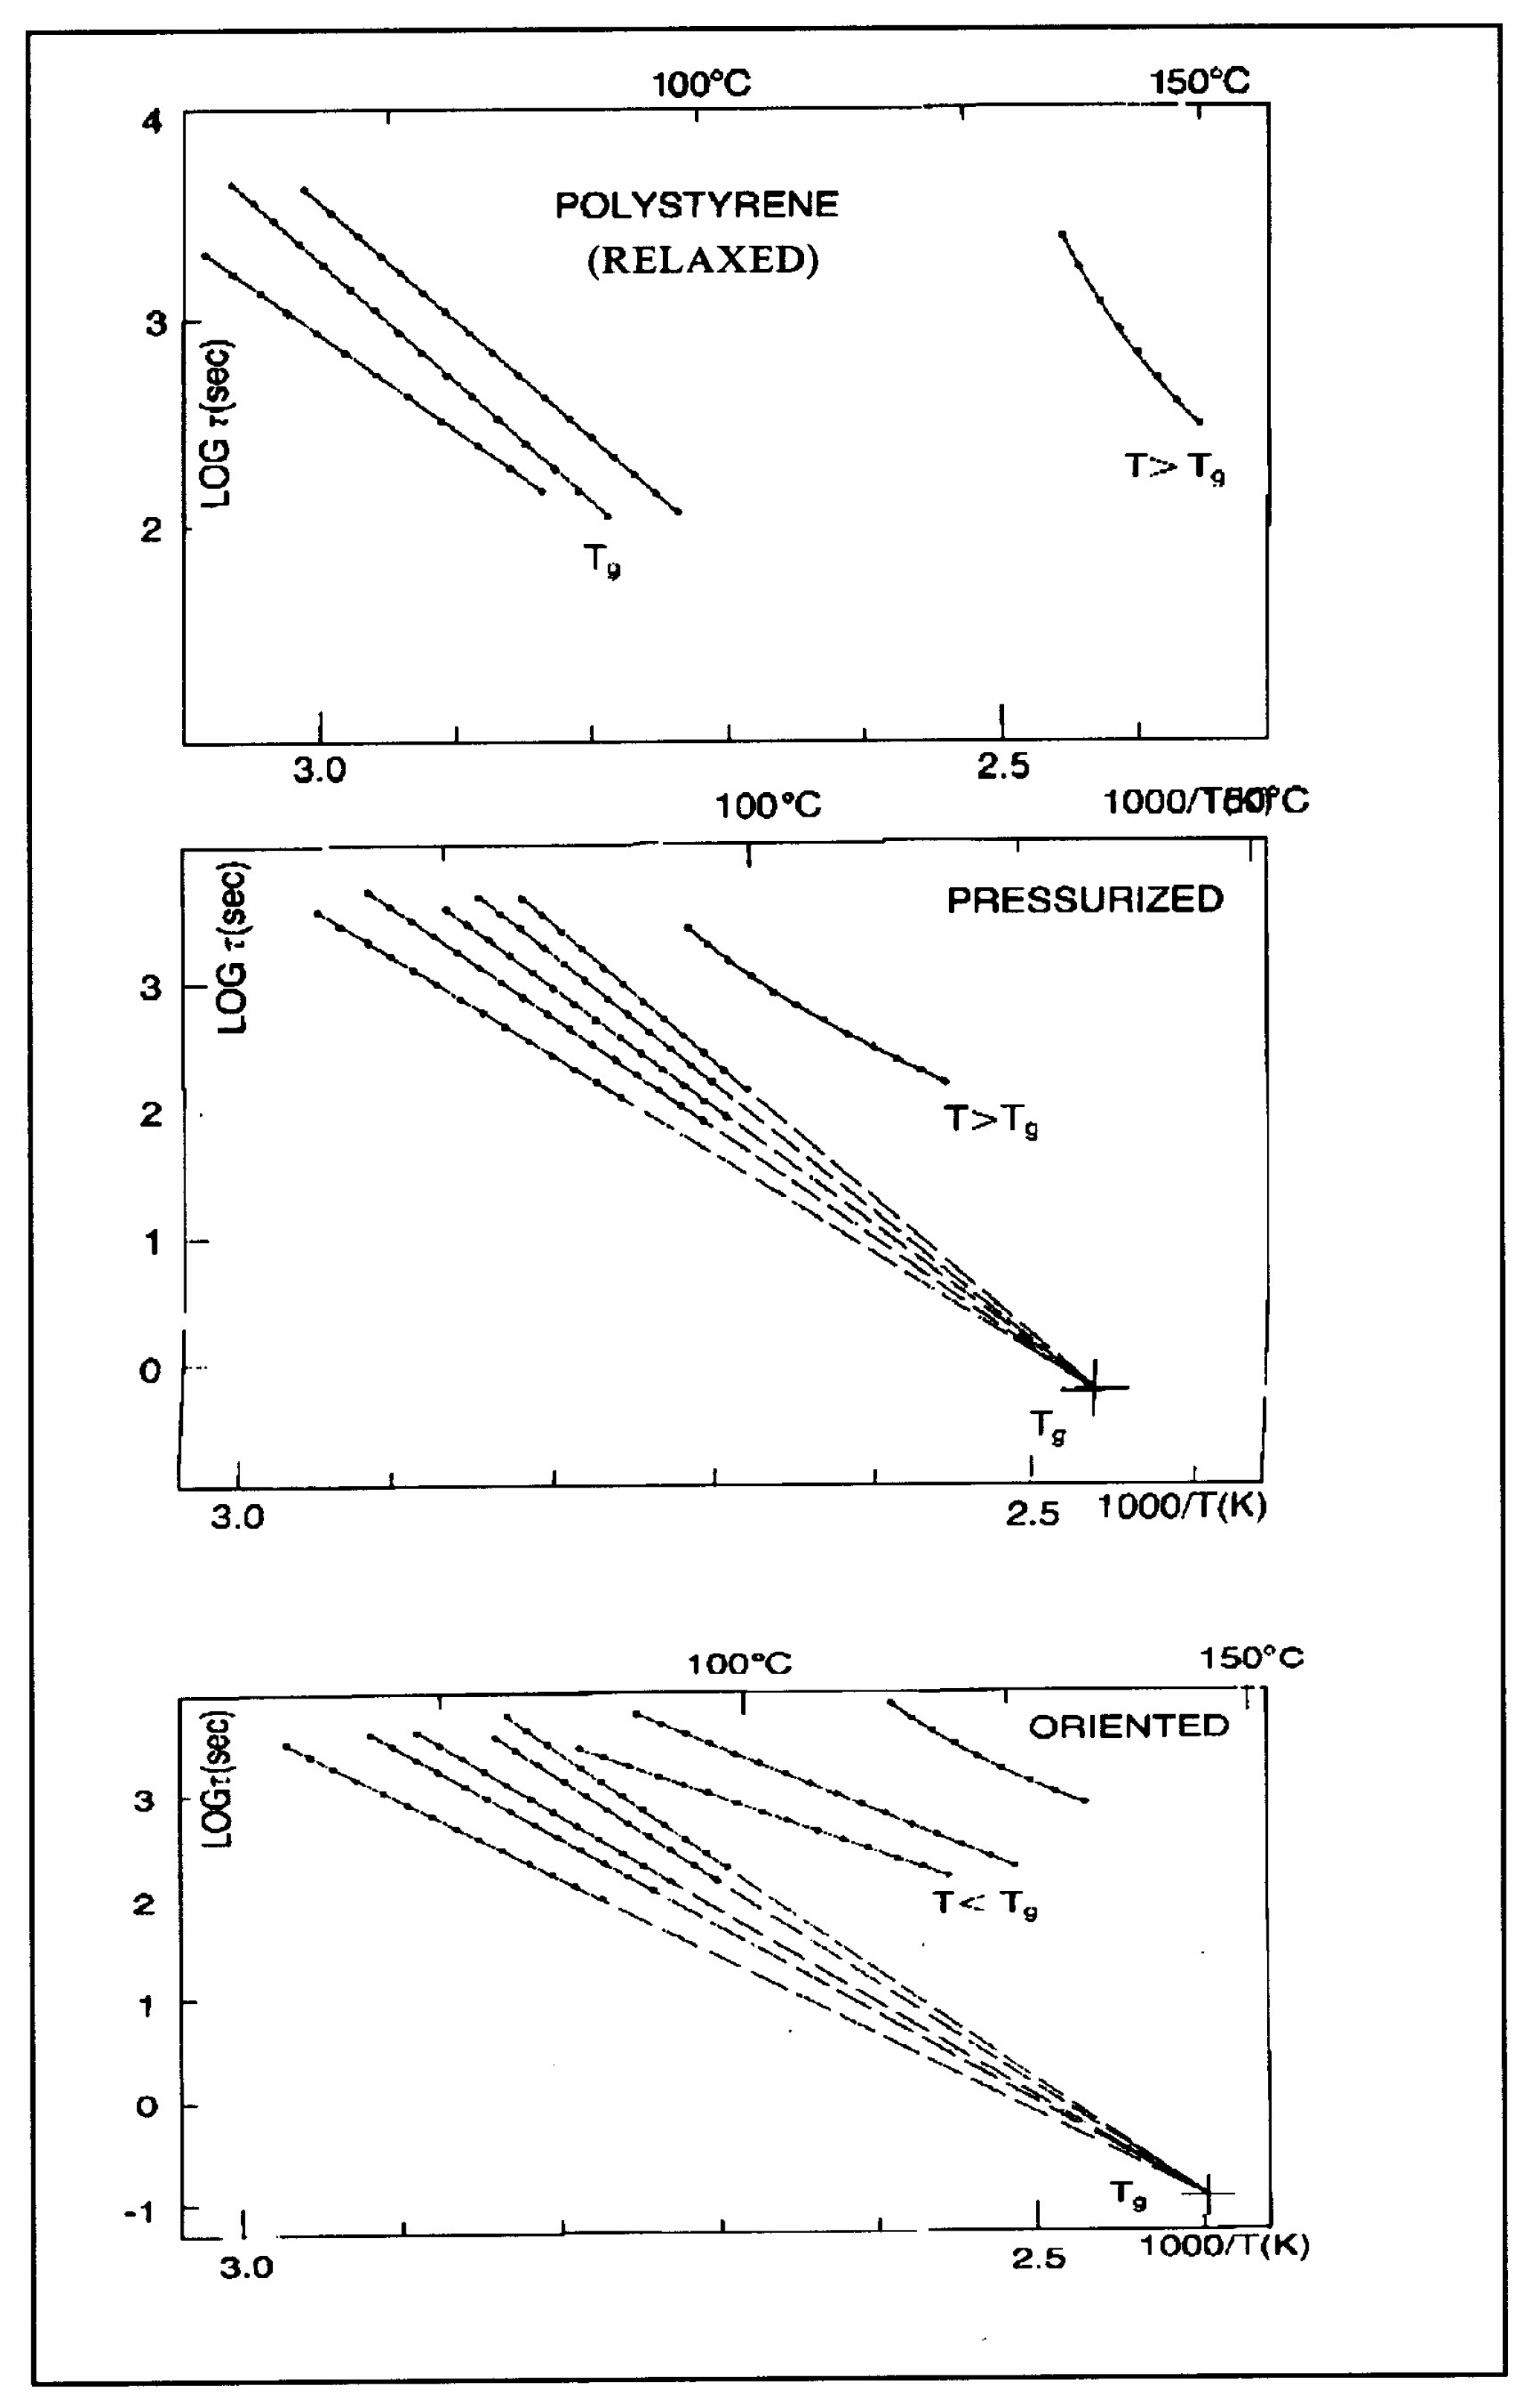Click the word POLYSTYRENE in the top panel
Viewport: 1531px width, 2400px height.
696,205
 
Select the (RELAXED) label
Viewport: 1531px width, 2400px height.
703,259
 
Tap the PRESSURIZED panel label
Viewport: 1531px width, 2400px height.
1084,900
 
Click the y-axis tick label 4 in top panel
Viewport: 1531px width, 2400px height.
152,123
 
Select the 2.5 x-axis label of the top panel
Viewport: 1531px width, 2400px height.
1003,767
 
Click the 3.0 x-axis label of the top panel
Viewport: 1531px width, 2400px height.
319,770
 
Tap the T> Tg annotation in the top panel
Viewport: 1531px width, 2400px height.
1174,467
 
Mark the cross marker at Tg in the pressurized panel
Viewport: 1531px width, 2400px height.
1093,1387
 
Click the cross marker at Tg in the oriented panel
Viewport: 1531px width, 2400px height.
1208,2193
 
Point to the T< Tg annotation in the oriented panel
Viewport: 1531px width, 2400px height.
985,1904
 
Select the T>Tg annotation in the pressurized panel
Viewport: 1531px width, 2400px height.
991,1120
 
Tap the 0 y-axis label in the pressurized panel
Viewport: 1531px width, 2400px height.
149,1370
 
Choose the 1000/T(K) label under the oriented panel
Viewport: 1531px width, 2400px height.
1224,2245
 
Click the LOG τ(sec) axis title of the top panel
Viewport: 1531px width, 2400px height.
216,424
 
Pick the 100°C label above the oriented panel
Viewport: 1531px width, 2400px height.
739,1664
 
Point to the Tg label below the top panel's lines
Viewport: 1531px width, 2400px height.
602,560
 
